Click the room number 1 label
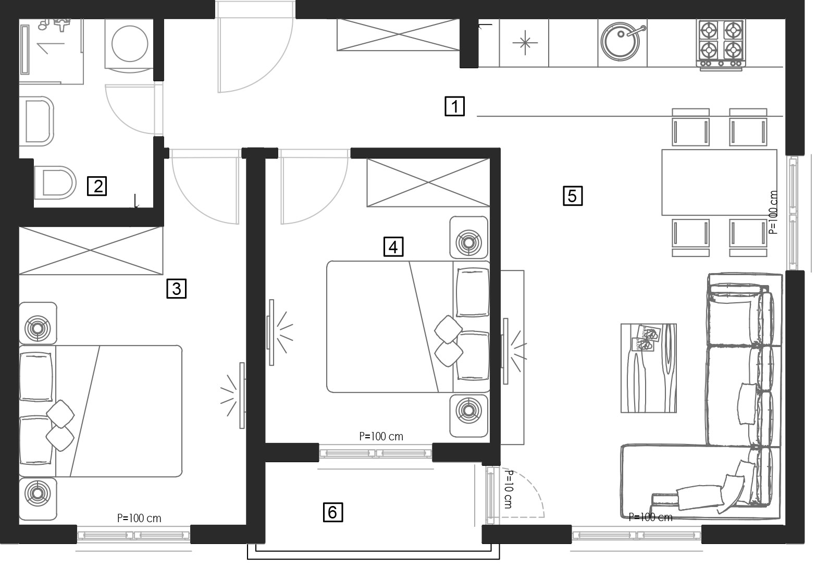454,106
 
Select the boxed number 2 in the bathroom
97,186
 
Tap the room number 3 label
177,289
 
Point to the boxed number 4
393,247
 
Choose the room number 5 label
573,196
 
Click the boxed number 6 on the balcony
332,512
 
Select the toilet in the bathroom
55,182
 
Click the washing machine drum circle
130,43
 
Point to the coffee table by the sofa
649,368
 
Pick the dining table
719,182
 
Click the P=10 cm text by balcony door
509,489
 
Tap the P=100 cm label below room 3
139,518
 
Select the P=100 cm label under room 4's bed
381,436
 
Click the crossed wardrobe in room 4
428,182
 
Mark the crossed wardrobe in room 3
91,250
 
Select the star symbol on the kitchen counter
525,43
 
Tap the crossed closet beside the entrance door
398,35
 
